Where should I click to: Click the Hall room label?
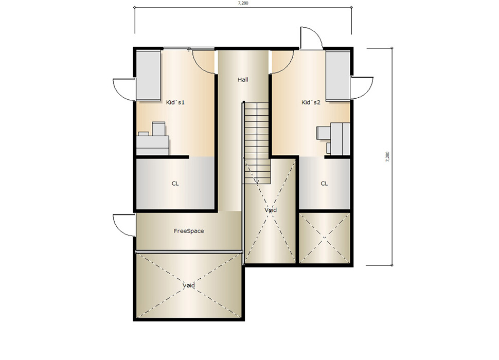click(243, 80)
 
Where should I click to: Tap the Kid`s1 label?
click(175, 102)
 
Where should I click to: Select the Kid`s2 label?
click(311, 102)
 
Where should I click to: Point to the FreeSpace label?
click(189, 231)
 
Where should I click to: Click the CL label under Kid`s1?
click(175, 184)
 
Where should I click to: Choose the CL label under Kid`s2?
click(324, 184)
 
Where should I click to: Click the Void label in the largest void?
click(189, 285)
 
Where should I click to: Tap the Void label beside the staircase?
click(271, 210)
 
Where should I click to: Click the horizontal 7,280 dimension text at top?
click(243, 3)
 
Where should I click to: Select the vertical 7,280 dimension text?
click(387, 157)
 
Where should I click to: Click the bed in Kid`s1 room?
click(148, 76)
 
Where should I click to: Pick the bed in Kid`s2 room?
click(337, 76)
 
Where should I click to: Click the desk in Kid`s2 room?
click(341, 139)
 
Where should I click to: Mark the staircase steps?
click(257, 142)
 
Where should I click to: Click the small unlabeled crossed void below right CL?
click(325, 238)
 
